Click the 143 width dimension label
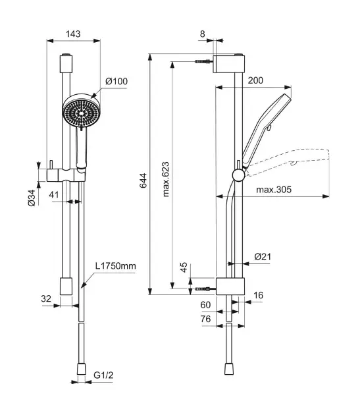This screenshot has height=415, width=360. [x=73, y=34]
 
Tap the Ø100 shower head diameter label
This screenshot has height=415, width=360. [x=116, y=81]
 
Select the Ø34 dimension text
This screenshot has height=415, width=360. [x=32, y=198]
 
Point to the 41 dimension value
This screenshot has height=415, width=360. [x=54, y=195]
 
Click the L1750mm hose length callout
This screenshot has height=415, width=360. [x=116, y=265]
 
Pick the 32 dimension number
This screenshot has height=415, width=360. [x=46, y=298]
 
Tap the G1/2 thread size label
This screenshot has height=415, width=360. [x=103, y=375]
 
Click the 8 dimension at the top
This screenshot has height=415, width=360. [x=202, y=34]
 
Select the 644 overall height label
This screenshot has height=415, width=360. [x=143, y=180]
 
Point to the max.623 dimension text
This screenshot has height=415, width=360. [x=166, y=179]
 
